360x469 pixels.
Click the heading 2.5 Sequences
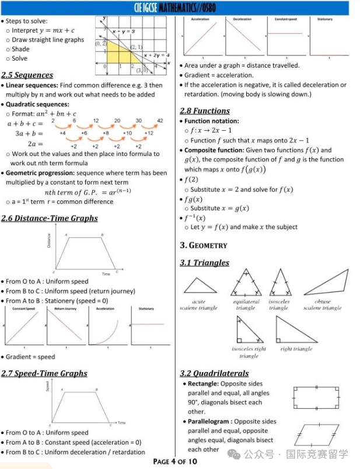(x=27, y=75)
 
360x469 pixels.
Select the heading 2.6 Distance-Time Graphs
(x=49, y=218)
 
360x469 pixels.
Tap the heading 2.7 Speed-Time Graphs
(x=44, y=373)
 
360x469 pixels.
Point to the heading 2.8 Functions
(x=205, y=111)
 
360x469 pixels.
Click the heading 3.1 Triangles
(x=204, y=263)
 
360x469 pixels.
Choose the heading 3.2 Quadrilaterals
(x=214, y=373)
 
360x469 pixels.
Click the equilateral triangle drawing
(x=246, y=283)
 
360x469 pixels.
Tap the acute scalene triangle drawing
(x=200, y=285)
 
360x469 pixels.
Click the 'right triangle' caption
(x=296, y=349)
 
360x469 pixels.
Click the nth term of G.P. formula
(x=88, y=192)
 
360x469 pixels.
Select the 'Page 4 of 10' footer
(x=175, y=461)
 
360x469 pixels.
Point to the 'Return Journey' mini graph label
(x=64, y=308)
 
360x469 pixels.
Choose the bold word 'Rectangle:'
(x=204, y=384)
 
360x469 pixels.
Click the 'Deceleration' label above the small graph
(x=242, y=19)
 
